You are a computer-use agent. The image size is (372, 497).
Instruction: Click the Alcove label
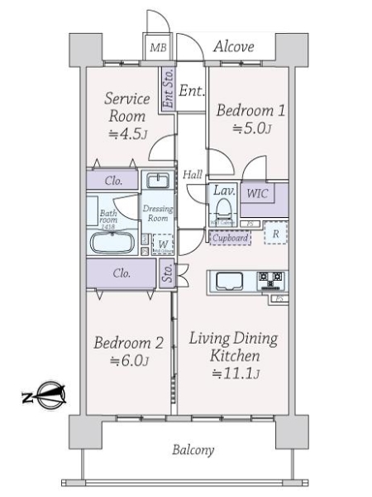coord(233,47)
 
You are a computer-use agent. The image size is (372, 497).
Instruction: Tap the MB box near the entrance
coord(157,48)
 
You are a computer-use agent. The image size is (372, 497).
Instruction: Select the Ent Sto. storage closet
coord(168,89)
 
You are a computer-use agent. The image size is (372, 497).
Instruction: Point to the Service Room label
coord(127,107)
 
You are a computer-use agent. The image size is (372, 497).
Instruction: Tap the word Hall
coord(193,174)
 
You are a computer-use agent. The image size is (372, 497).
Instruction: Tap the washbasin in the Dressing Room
coord(155,181)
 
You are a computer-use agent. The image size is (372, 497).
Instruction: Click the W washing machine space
coord(163,244)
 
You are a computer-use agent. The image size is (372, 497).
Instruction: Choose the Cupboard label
coord(230,238)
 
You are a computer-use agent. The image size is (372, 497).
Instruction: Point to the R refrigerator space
coord(275,234)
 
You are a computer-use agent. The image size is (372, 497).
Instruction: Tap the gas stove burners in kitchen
coord(273,280)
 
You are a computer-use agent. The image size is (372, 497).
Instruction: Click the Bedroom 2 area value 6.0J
coord(128,360)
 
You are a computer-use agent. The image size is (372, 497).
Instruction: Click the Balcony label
coord(193,451)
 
